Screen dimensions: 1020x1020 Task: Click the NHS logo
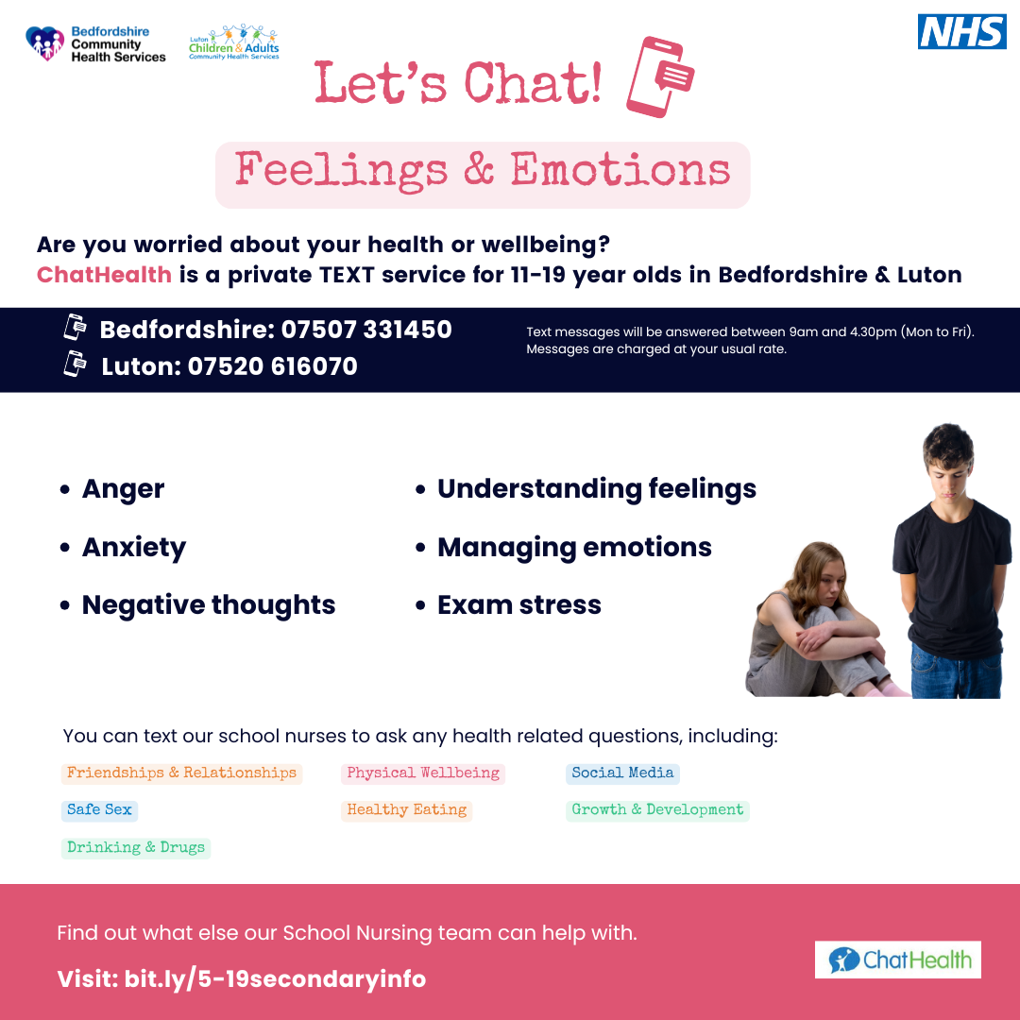961,31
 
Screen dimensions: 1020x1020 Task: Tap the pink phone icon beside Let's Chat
659,76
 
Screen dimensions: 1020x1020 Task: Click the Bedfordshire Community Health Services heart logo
45,42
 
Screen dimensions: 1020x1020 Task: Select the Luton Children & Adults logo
234,42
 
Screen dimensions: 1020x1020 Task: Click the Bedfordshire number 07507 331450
366,330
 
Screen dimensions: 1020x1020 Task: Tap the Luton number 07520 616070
273,366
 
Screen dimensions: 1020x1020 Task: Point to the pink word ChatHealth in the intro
104,275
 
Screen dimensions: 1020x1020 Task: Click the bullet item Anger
123,489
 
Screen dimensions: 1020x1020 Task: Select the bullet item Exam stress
519,605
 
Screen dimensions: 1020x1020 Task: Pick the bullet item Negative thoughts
209,605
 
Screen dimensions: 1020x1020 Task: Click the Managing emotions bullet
574,548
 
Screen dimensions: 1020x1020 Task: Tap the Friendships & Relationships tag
181,773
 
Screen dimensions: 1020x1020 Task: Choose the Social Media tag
622,773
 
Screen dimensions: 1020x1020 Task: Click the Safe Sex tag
99,810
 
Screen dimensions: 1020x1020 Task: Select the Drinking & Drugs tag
136,847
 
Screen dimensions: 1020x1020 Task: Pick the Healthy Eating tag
406,810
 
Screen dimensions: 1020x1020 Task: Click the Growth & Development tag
657,810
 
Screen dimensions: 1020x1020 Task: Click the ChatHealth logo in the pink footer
898,960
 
